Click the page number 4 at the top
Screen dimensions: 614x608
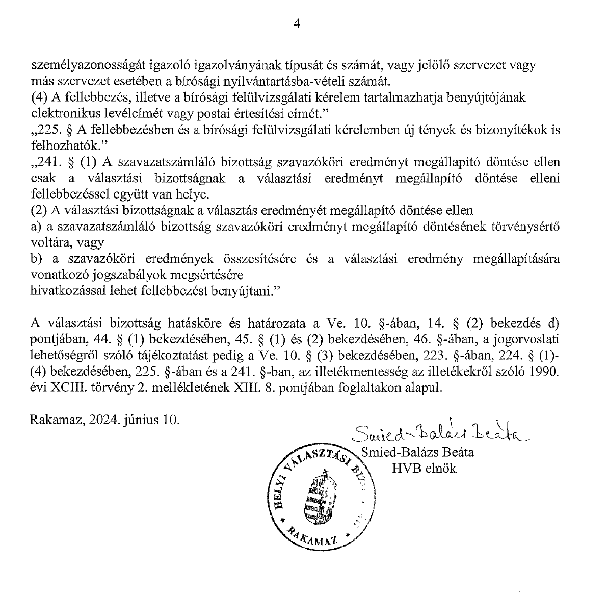click(298, 23)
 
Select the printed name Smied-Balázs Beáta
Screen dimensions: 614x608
click(417, 452)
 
